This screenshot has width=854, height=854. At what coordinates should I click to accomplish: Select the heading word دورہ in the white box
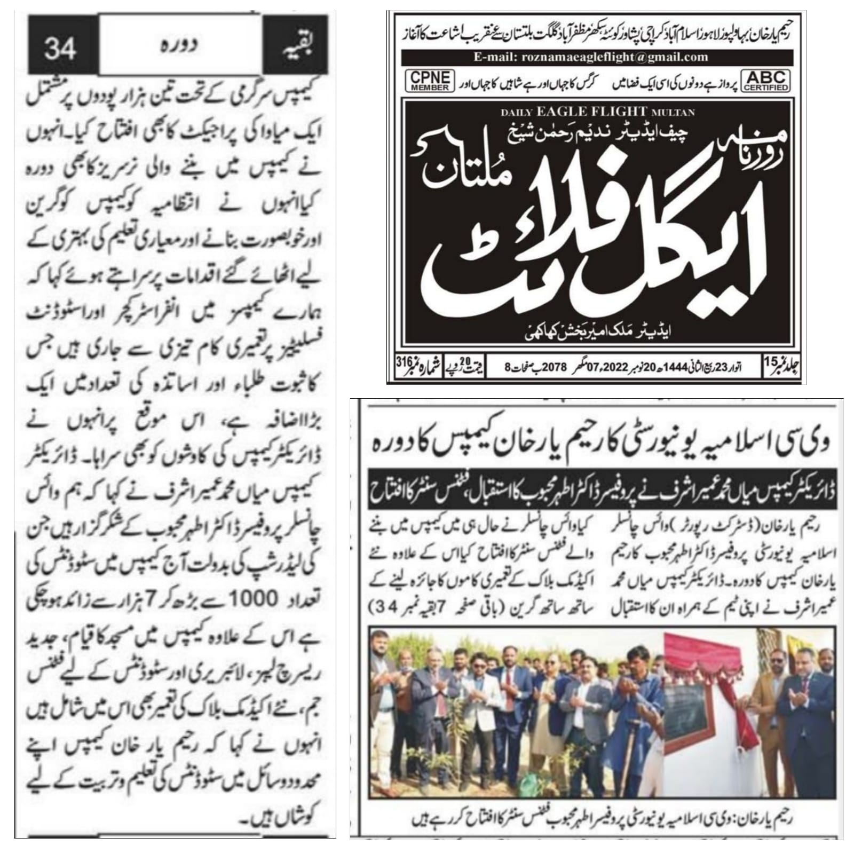(179, 45)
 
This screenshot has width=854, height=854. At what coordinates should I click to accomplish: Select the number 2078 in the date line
(540, 367)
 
